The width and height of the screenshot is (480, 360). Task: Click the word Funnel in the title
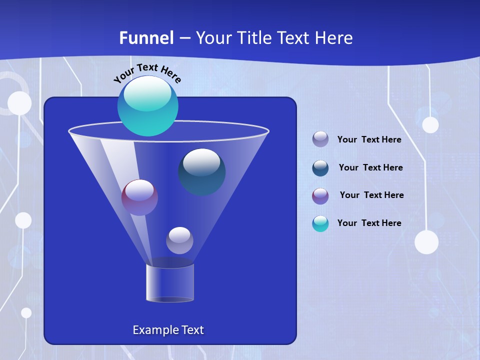[x=146, y=37]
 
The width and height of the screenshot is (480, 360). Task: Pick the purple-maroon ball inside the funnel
[x=139, y=198]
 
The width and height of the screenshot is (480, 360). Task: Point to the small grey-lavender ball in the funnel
[x=179, y=240]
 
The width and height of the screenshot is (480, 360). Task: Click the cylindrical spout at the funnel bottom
[x=170, y=283]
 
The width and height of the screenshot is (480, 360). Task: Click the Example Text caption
[x=168, y=330]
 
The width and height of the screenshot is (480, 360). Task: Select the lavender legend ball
[x=320, y=139]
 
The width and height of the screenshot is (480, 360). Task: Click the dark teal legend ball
[x=320, y=168]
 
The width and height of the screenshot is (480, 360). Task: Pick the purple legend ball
[x=320, y=196]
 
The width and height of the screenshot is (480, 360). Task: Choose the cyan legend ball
[x=320, y=223]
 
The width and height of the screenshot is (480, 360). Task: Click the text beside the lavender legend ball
[x=369, y=140]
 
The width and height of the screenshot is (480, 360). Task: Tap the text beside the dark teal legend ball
[x=371, y=168]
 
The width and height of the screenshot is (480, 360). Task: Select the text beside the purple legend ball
[x=372, y=195]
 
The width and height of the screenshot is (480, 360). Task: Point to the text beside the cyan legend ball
[x=369, y=223]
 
